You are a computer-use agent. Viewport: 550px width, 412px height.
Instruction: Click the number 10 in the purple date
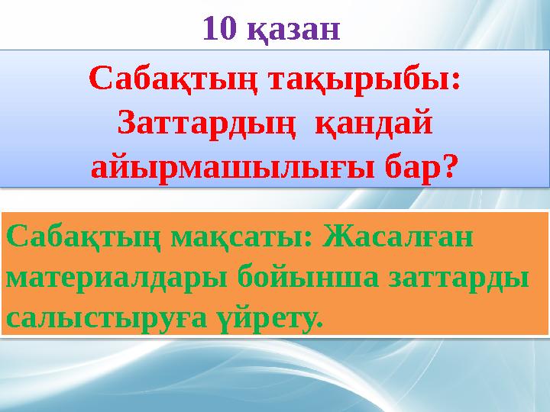219,28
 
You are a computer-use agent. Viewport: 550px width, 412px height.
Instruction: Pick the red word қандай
374,125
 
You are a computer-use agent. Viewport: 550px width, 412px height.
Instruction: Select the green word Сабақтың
84,237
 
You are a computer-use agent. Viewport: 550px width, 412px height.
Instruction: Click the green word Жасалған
397,237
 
